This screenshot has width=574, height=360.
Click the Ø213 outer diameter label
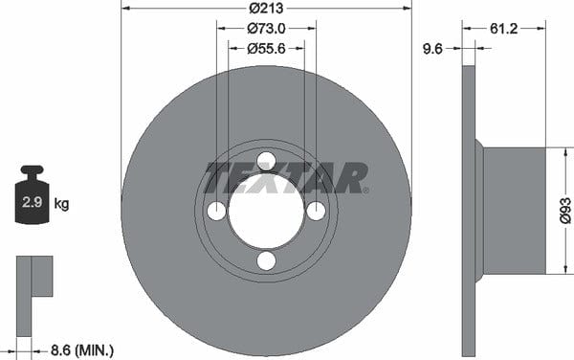(266, 8)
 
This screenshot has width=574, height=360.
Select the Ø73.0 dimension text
(266, 28)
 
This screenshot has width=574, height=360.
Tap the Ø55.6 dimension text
(266, 48)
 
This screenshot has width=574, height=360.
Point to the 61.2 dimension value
(504, 29)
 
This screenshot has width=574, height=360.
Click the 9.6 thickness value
(432, 48)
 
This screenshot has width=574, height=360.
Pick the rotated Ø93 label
(565, 211)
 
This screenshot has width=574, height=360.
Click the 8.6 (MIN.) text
(82, 350)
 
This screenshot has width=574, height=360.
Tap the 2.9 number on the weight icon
(33, 202)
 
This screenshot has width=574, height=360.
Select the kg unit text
(61, 204)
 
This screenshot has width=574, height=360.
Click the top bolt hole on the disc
(266, 162)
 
